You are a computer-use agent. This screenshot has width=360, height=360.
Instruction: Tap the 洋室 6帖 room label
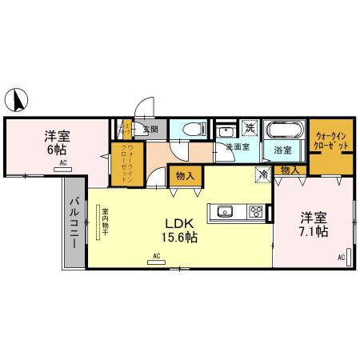pos(56,142)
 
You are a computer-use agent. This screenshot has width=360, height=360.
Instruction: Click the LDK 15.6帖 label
pos(182,230)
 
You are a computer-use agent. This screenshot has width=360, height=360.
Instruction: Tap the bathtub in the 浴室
pos(284,130)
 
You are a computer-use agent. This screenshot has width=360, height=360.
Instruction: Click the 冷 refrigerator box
pos(262,172)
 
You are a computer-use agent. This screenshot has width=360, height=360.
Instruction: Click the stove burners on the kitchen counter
pos(255,212)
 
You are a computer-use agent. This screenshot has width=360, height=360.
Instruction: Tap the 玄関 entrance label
pos(150,128)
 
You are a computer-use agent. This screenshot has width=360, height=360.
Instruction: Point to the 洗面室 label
pos(237,147)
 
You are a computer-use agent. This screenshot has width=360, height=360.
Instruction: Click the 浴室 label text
pos(283,150)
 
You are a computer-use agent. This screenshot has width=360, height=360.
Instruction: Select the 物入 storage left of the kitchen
pos(184,176)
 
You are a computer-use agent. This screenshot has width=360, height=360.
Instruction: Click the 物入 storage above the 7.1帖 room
pos(290,170)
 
